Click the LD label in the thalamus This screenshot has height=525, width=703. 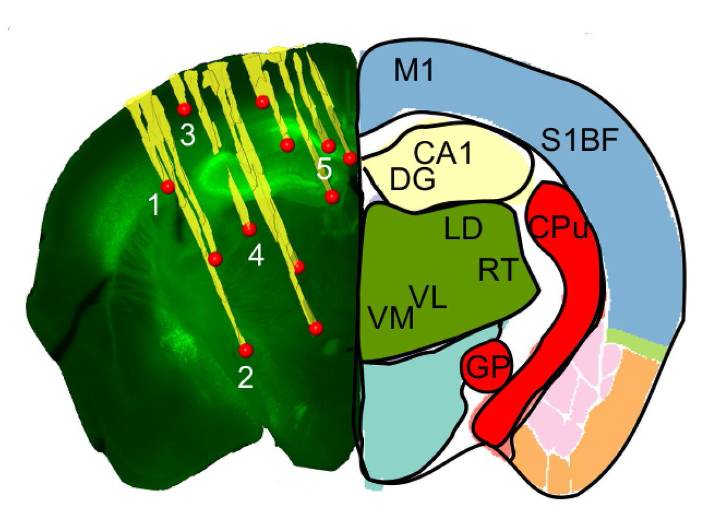[462, 231]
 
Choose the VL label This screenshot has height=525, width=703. [428, 297]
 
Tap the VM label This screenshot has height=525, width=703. [391, 319]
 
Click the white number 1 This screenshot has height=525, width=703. [153, 205]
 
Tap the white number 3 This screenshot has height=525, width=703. [187, 136]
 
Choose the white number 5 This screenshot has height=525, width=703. [324, 170]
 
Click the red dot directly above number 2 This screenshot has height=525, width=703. [245, 350]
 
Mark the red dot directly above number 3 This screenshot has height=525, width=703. [185, 109]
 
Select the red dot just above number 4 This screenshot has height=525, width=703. [250, 228]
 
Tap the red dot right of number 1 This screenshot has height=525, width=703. [168, 187]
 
